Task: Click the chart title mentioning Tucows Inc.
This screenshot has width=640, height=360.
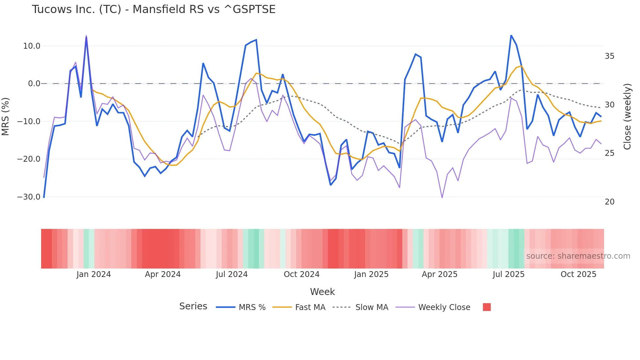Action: [153, 9]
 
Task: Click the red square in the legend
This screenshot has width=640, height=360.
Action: [487, 307]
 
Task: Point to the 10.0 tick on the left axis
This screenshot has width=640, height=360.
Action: [32, 46]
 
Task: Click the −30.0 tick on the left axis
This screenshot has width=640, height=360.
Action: [29, 197]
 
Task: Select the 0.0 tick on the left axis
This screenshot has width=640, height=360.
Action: [34, 84]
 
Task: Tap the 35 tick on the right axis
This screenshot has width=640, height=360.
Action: [609, 56]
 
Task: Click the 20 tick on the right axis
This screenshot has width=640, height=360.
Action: [609, 202]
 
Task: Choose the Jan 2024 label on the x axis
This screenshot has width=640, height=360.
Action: [94, 274]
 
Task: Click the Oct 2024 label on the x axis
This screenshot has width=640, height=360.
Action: [301, 274]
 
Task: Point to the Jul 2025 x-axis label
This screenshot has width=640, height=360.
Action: [508, 274]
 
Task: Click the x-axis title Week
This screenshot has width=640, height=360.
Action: [322, 292]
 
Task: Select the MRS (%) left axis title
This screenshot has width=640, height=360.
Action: [6, 117]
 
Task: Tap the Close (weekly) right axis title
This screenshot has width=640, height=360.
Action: [627, 117]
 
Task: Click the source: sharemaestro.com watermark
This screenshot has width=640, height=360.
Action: [578, 256]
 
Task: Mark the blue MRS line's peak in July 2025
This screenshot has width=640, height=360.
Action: [511, 35]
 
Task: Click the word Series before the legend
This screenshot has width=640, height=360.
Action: [193, 306]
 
